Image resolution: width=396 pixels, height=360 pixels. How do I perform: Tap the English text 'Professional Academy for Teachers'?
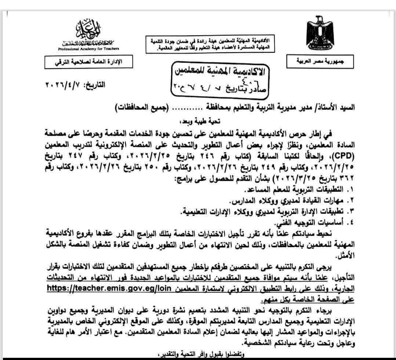coord(88,49)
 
